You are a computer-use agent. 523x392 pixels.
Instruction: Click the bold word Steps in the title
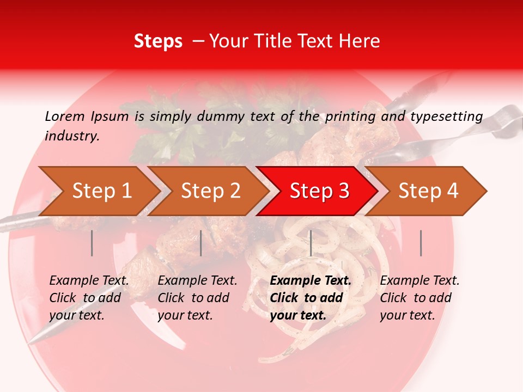tap(158, 41)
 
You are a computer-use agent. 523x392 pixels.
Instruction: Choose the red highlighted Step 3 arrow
tap(319, 191)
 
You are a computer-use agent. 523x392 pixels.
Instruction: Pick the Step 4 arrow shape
tap(428, 191)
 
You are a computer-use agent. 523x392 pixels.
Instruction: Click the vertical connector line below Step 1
tap(92, 243)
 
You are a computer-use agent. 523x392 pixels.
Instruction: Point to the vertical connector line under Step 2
tap(201, 243)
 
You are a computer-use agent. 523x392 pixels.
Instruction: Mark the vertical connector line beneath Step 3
tap(311, 243)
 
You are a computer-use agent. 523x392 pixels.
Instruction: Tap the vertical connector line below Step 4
tap(421, 243)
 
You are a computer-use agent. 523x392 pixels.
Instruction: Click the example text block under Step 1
tap(89, 298)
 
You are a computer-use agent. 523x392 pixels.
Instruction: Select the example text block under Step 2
tap(197, 298)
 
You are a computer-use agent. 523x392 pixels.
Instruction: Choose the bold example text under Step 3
tap(311, 298)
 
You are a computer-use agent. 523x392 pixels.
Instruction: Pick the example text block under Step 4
tap(419, 298)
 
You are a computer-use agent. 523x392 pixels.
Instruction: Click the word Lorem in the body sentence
tap(65, 117)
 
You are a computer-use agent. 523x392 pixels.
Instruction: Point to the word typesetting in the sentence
tap(446, 117)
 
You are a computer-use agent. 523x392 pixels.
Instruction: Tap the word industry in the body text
tap(72, 136)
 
